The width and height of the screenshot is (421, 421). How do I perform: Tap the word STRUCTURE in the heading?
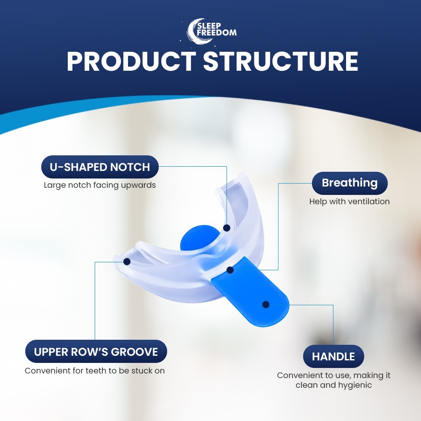[281, 62]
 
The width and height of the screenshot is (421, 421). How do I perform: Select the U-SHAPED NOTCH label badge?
[100, 167]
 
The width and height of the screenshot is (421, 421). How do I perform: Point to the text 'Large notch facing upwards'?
[100, 185]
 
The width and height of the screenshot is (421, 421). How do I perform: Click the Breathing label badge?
[349, 183]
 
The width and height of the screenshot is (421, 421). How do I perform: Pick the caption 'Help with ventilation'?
[349, 202]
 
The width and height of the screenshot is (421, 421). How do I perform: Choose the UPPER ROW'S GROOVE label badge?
[96, 352]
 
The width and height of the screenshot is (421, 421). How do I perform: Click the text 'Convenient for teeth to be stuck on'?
[95, 371]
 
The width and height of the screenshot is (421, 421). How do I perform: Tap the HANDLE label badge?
[333, 357]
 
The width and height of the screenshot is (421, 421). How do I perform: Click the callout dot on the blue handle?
[266, 304]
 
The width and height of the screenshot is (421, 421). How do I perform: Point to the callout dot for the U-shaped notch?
[226, 228]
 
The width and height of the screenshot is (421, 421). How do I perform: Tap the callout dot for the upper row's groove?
[127, 261]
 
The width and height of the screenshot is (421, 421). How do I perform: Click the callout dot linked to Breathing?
[230, 270]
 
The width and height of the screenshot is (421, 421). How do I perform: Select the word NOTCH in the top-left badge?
[130, 167]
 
